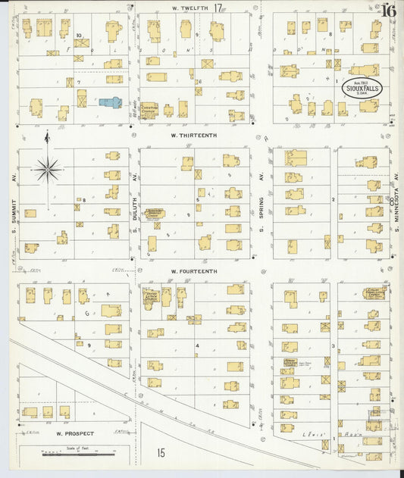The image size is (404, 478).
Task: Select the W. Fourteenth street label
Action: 194,270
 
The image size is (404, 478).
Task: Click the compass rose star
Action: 47,170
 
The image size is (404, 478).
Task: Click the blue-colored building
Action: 110,102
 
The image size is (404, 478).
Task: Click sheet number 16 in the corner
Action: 388,11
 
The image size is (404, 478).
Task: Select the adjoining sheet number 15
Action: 161,452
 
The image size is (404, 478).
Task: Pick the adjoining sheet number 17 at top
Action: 218,8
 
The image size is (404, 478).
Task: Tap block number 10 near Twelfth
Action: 79,36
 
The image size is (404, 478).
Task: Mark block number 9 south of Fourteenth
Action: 89,345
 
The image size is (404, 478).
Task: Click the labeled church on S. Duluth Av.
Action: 154,214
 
